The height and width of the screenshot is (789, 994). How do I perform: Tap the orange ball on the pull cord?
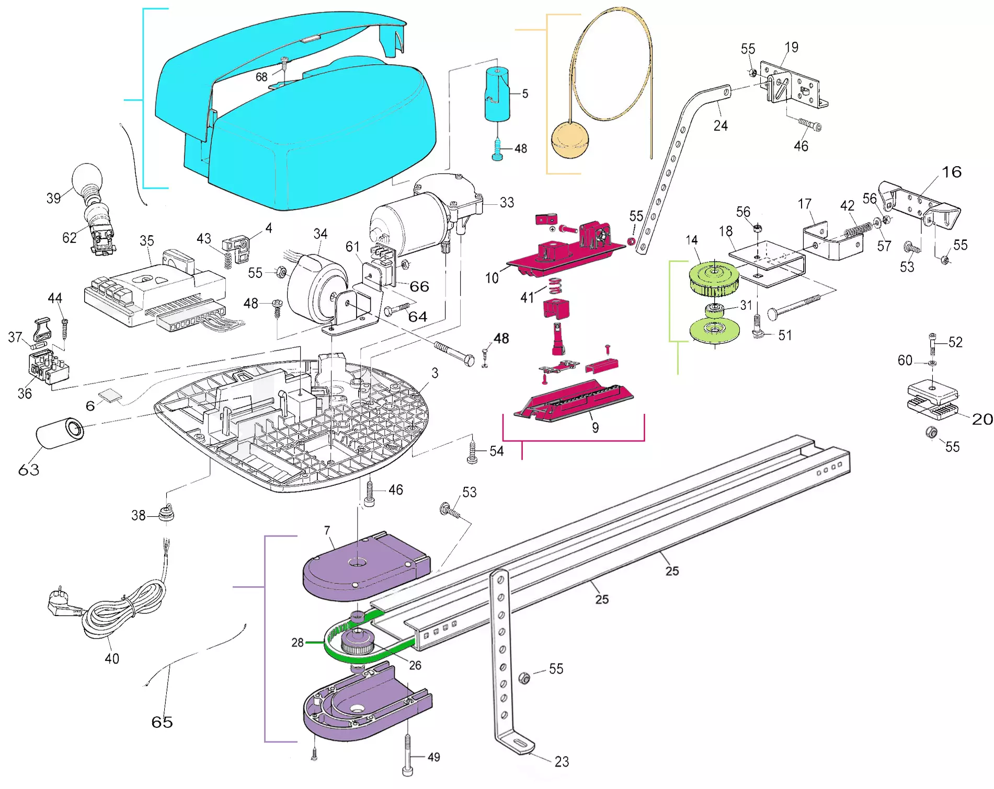pyautogui.click(x=570, y=140)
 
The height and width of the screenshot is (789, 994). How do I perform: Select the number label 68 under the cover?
pyautogui.click(x=261, y=77)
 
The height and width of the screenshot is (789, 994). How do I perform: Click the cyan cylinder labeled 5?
pyautogui.click(x=497, y=95)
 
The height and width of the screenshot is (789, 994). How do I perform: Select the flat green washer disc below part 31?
pyautogui.click(x=714, y=330)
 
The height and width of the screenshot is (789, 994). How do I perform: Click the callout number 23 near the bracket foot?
pyautogui.click(x=562, y=762)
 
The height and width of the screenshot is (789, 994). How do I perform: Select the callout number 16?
pyautogui.click(x=951, y=172)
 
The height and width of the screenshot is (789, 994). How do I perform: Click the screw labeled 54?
pyautogui.click(x=472, y=452)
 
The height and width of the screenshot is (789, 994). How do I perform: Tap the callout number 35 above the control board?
pyautogui.click(x=146, y=241)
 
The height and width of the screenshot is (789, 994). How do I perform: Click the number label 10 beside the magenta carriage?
pyautogui.click(x=492, y=278)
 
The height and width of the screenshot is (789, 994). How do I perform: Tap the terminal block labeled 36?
pyautogui.click(x=48, y=366)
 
